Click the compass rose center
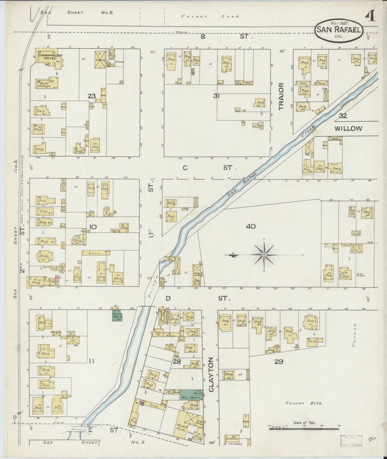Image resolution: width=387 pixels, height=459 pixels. click(264, 254)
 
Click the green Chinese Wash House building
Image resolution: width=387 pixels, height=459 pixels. click(117, 315)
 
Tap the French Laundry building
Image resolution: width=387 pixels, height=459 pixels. click(197, 275)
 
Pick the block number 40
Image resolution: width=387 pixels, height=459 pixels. click(251, 227)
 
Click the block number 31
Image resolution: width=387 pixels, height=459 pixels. click(216, 96)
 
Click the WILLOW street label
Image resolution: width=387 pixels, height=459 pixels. click(348, 129)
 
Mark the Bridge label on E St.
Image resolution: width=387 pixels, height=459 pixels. click(77, 429)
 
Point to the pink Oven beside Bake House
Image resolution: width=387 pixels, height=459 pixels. click(57, 278)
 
